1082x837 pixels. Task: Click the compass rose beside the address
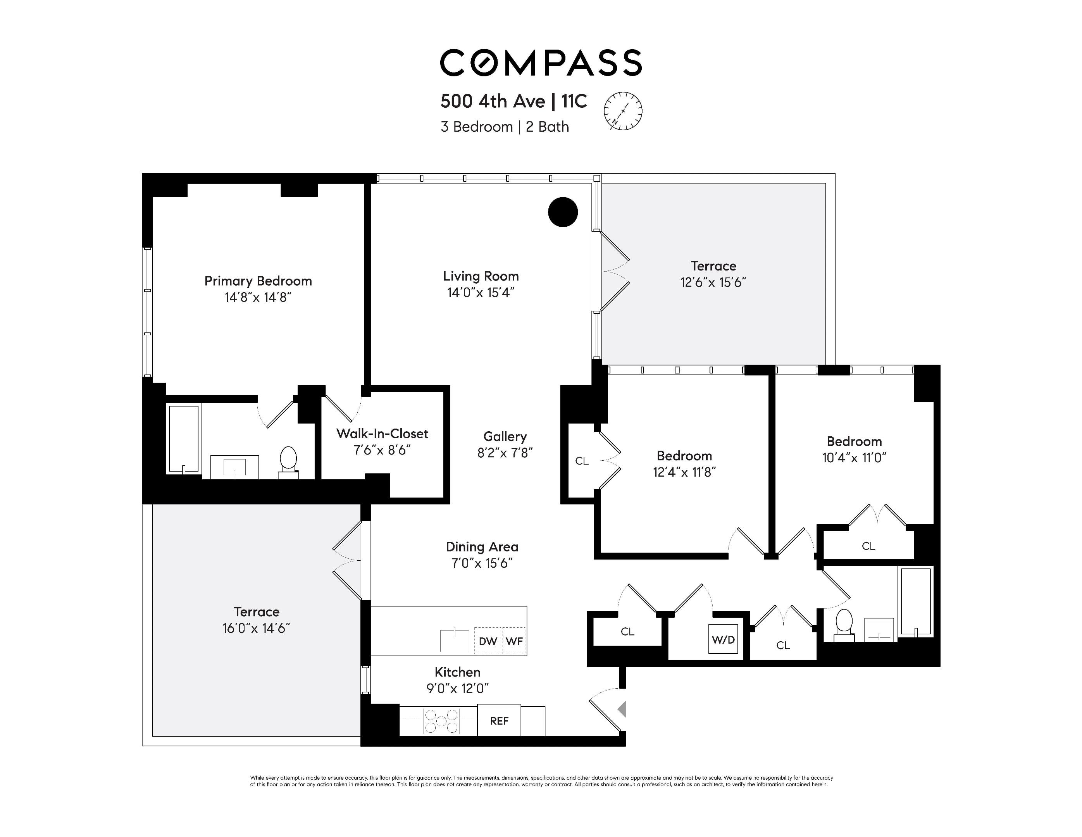coord(623,111)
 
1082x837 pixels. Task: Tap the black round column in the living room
coord(563,212)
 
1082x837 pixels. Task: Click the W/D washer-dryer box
coord(723,639)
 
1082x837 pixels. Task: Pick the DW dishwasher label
coord(488,641)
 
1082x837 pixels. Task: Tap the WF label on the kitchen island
coord(514,641)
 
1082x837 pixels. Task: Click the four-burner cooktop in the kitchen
coord(441,721)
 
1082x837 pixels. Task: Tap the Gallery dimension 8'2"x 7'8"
coord(505,453)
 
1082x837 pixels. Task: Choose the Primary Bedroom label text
coord(258,281)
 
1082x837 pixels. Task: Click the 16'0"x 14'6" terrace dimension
coord(256,628)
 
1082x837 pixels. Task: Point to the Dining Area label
coord(482,547)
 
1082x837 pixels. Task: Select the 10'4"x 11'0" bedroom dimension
coord(854,458)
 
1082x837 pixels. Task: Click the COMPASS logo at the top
coord(541,63)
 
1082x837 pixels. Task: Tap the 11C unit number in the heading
coord(574,102)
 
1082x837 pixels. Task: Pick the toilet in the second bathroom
coord(844,625)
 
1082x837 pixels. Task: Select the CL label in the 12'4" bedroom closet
coord(582,461)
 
